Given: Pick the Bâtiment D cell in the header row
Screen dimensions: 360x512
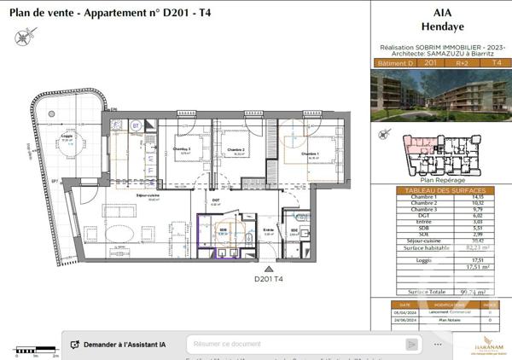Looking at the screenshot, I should (x=392, y=62).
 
